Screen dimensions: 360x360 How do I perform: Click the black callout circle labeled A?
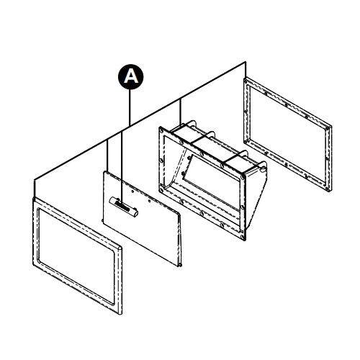pyautogui.click(x=130, y=76)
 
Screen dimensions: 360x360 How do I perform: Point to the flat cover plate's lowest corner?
pyautogui.click(x=179, y=266)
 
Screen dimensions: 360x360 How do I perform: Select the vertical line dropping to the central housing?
pyautogui.click(x=179, y=112)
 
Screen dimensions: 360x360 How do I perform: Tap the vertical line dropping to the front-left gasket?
pyautogui.click(x=34, y=186)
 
